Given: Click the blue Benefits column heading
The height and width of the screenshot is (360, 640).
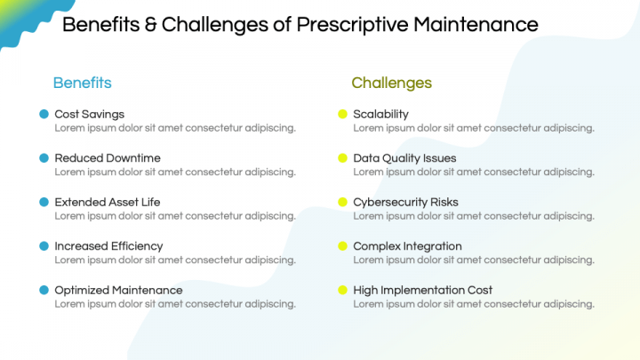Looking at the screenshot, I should click(82, 83).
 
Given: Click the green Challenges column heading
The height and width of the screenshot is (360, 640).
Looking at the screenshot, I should click(391, 83).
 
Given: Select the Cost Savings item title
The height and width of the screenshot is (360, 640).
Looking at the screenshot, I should click(89, 114).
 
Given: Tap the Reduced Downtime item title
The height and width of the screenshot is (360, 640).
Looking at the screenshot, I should click(108, 158).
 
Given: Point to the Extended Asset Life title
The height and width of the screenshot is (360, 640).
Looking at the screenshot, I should click(108, 202).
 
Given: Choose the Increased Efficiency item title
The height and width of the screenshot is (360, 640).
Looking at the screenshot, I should click(108, 246).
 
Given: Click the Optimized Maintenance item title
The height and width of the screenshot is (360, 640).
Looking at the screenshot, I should click(118, 290).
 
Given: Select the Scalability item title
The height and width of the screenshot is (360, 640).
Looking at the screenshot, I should click(380, 114).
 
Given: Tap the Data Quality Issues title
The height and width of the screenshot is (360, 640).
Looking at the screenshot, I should click(404, 158).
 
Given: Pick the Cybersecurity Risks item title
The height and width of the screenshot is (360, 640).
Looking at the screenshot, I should click(405, 202).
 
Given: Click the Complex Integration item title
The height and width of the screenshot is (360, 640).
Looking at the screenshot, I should click(407, 246).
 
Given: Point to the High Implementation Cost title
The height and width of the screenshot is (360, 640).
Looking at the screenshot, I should click(422, 290).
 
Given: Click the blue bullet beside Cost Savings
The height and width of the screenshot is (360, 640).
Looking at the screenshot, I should click(44, 114).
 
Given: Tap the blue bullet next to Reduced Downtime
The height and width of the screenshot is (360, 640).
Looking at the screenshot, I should click(44, 158).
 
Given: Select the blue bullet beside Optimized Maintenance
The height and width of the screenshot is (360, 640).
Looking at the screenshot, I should click(44, 290).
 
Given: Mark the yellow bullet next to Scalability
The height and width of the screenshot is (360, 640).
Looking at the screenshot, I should click(342, 114).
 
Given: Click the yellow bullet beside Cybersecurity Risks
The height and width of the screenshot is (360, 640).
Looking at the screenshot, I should click(342, 202).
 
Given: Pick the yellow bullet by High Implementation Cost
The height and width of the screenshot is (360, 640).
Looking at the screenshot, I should click(342, 290).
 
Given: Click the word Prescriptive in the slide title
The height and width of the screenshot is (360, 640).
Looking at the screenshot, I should click(354, 24).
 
